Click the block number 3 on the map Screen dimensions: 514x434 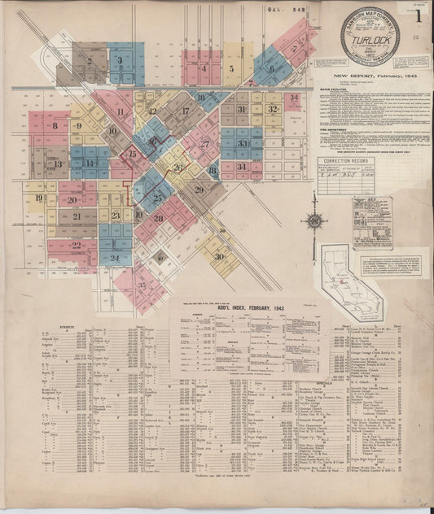coord(119,59)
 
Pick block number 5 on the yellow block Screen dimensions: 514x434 coord(231,70)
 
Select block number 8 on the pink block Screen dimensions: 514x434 coord(55,125)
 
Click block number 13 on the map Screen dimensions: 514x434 coord(58,163)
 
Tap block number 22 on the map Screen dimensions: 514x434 coord(76,245)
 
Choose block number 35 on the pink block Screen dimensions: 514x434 coord(142,285)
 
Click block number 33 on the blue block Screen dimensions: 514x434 coord(243,143)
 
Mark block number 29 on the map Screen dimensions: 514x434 coord(199,189)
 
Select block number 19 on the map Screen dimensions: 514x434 coord(37,198)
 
